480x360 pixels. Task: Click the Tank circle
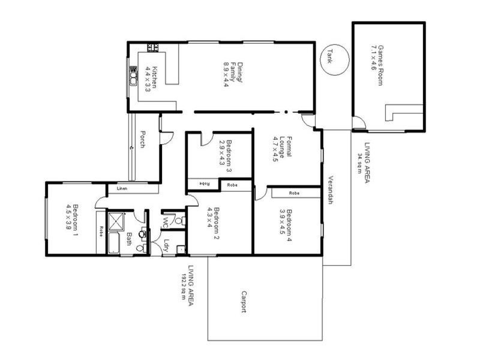tap(330, 60)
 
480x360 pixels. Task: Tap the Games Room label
tap(376, 64)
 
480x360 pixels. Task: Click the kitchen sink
tap(133, 77)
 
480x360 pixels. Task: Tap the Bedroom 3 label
tap(225, 152)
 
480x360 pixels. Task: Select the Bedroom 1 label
tap(73, 217)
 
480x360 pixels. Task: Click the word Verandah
tap(329, 190)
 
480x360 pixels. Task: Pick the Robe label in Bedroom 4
tap(294, 193)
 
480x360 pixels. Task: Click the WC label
tap(166, 221)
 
